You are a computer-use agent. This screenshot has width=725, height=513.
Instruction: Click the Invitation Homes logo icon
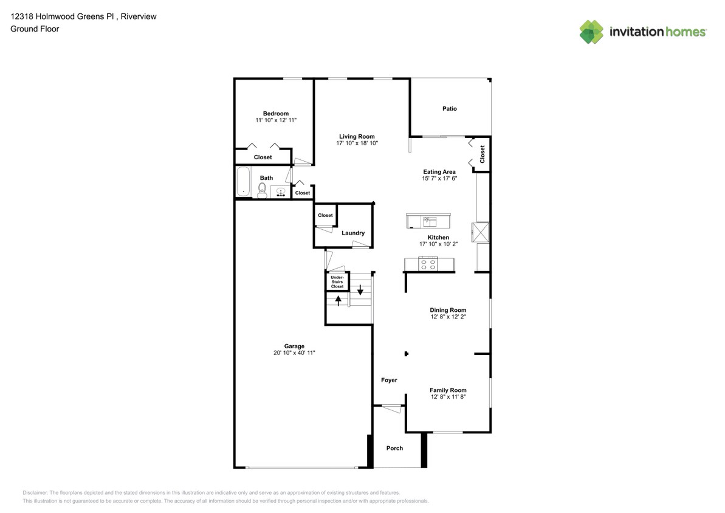(591, 32)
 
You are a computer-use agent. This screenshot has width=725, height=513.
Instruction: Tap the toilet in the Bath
(263, 190)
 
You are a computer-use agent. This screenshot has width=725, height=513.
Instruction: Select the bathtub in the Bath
(243, 182)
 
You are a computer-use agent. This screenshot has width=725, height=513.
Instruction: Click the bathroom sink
(281, 192)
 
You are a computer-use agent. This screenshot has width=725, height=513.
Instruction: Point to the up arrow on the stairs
(338, 299)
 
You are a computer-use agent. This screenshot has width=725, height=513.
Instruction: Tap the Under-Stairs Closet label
(337, 282)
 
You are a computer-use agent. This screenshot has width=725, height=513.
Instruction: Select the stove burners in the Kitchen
(428, 264)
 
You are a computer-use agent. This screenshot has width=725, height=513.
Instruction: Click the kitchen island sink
(429, 221)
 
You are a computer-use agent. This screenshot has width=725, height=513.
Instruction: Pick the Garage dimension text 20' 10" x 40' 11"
(294, 353)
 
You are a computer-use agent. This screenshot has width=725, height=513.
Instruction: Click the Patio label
(449, 109)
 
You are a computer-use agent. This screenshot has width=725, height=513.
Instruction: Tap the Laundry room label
(353, 233)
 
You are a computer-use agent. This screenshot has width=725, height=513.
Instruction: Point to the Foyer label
(389, 380)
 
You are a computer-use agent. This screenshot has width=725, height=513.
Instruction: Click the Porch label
(394, 448)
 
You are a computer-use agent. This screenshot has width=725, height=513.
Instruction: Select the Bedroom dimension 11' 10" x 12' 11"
(276, 121)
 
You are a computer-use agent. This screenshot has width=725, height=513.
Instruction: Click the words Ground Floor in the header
(35, 29)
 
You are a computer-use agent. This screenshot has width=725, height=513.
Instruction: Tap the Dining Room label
(448, 310)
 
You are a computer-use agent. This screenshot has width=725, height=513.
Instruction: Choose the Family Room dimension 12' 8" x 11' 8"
(448, 397)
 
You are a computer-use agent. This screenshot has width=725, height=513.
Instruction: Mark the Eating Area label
(439, 172)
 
